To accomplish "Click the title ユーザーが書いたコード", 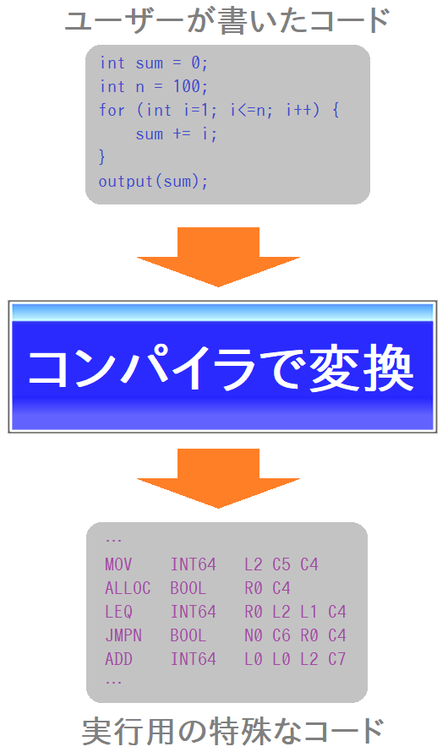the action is (227, 22).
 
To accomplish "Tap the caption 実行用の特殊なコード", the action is (232, 731).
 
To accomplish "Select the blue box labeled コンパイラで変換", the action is (222, 367).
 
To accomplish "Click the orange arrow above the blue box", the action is (218, 257).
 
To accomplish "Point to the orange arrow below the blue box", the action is (218, 478).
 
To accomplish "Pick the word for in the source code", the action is (112, 110).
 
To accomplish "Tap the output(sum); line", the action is (153, 182).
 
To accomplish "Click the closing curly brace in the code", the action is (101, 157).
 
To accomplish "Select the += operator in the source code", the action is (182, 134).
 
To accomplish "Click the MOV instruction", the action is (118, 564).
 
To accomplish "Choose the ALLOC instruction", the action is (128, 588).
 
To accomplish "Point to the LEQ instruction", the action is (118, 612).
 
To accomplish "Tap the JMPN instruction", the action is (123, 635).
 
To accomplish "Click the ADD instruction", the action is (118, 659).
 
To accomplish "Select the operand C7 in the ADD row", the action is (336, 659).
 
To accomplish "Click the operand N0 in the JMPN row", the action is (254, 635).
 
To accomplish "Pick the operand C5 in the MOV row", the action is (281, 564).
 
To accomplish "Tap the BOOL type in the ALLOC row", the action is (188, 588).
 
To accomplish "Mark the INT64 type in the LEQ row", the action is (194, 612).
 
